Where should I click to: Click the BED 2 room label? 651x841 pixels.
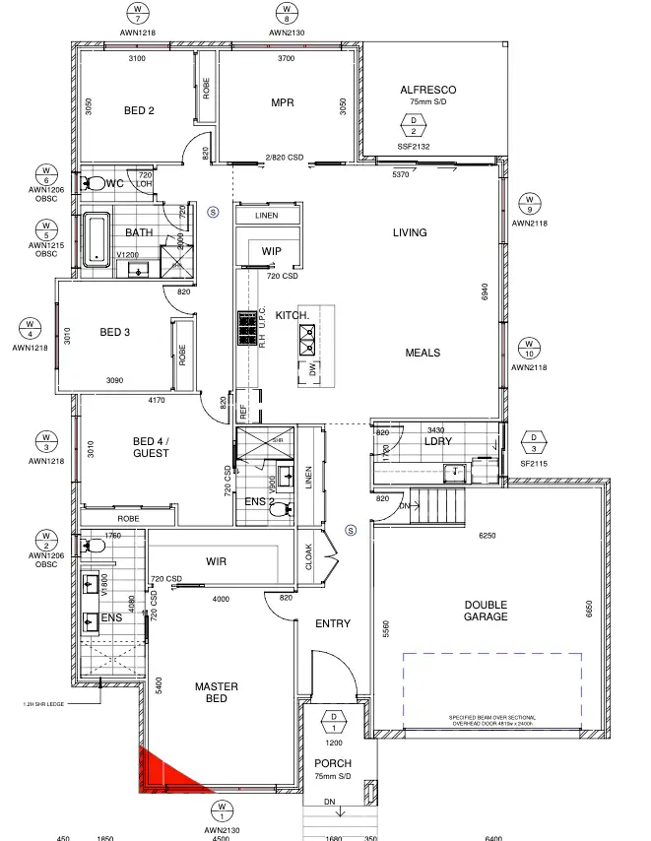pos(139,111)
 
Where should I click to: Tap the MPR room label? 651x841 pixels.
pos(284,102)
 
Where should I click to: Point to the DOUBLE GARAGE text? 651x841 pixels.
pos(486,611)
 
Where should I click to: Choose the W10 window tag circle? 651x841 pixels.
pos(529,348)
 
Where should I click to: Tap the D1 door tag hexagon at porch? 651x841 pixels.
pos(334,722)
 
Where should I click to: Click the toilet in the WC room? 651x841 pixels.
pos(96,183)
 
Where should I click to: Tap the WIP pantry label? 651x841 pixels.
pos(272,252)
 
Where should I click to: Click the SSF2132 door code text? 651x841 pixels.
pos(414,147)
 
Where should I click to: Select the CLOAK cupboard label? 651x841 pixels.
pos(308,559)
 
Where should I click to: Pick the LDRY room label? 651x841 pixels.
pos(438,442)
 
